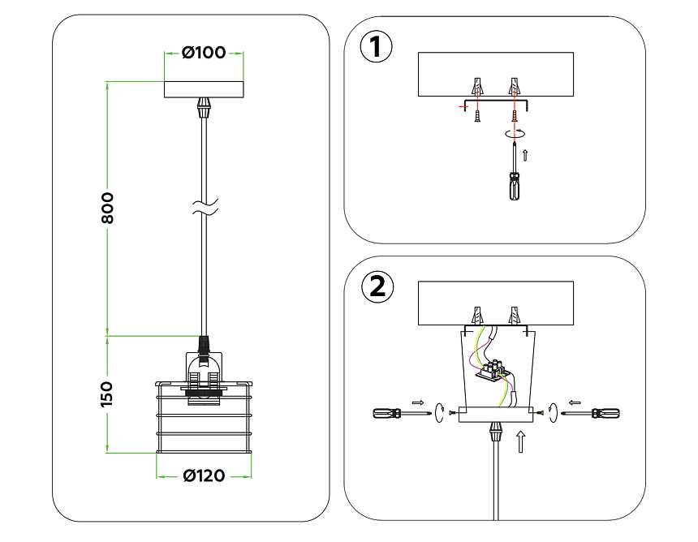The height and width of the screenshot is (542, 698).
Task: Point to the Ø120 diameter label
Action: click(203, 475)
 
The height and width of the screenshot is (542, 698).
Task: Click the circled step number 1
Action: click(376, 46)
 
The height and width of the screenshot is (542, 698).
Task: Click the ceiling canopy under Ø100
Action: click(204, 88)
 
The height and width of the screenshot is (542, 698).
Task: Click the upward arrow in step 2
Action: click(521, 441)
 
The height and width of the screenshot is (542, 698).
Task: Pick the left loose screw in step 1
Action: click(478, 115)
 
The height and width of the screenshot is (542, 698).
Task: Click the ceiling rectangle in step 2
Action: click(495, 303)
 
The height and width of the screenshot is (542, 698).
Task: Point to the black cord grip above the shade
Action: click(204, 346)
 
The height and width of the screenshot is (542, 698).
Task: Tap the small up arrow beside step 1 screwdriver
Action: click(526, 154)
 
